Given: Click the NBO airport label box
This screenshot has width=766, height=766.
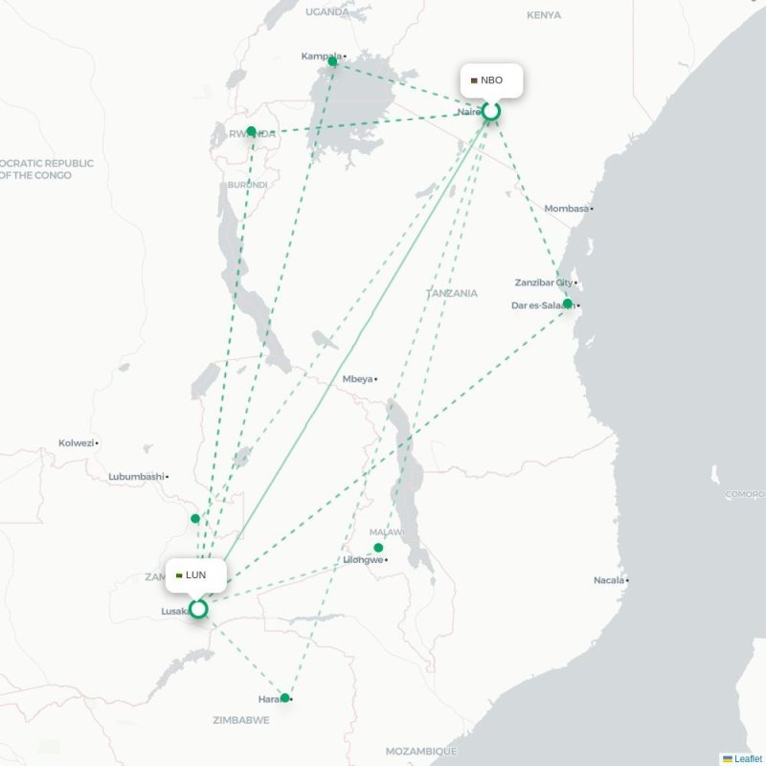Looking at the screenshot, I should click(x=491, y=80).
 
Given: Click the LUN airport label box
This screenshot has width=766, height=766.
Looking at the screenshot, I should click(x=195, y=575).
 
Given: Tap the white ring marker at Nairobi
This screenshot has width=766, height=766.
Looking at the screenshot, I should click(x=491, y=112).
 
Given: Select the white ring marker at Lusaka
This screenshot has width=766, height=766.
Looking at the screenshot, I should click(x=198, y=609).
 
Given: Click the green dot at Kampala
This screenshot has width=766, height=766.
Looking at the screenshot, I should click(x=332, y=61).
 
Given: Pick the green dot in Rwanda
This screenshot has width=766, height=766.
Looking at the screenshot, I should click(x=251, y=131).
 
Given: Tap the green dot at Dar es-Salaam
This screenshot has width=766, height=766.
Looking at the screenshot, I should click(x=568, y=304).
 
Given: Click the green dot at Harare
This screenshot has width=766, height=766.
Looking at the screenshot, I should click(x=284, y=697).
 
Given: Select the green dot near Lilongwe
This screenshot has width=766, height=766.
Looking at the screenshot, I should click(x=378, y=548).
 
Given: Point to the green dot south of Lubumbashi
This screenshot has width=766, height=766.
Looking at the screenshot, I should click(x=195, y=518).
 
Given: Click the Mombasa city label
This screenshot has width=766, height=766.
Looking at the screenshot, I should click(x=567, y=208).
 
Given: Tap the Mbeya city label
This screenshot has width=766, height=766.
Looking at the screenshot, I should click(x=357, y=379).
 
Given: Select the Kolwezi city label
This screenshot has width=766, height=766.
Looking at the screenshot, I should click(x=77, y=442).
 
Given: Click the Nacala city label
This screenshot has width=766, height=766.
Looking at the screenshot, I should click(x=610, y=580).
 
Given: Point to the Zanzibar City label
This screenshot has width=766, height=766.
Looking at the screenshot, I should click(x=543, y=282).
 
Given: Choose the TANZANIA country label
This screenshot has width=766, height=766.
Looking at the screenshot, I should click(x=452, y=293).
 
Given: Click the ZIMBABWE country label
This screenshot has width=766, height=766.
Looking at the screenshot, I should click(x=240, y=720).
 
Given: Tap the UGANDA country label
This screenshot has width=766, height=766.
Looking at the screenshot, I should click(x=327, y=11).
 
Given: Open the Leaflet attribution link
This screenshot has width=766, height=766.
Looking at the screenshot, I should click(x=748, y=758).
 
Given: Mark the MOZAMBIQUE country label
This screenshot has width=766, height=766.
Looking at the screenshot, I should click(x=420, y=751).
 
